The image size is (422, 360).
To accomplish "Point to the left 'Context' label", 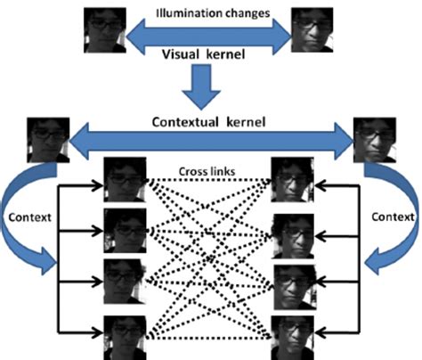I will tap(27, 217).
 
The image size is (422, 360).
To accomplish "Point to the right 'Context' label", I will tap(392, 217).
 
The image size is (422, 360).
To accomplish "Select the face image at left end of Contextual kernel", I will tap(45, 139).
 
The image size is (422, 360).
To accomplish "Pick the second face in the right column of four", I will tap(292, 233).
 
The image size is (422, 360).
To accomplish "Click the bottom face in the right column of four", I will tap(292, 337).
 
